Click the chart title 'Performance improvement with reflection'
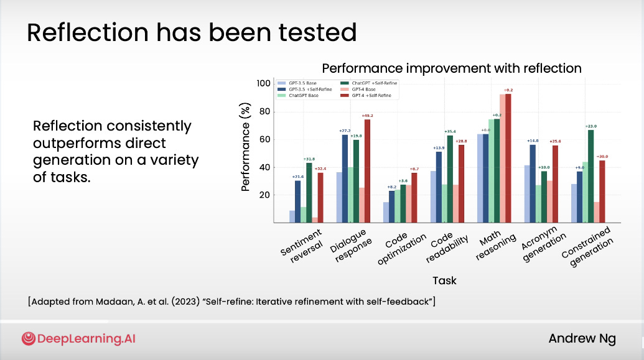tap(451, 68)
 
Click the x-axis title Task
tap(444, 280)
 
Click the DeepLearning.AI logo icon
tap(28, 339)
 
